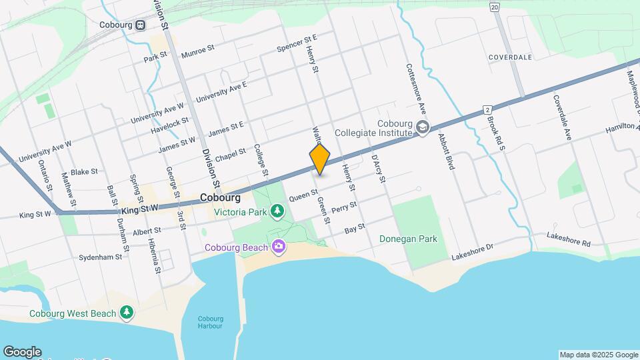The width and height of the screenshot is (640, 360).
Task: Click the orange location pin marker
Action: pyautogui.click(x=320, y=159)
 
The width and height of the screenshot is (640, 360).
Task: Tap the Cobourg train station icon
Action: pyautogui.click(x=140, y=25)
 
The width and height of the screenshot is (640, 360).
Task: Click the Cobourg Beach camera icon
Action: pyautogui.click(x=278, y=247)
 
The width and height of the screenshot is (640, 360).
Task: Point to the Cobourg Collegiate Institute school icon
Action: pyautogui.click(x=421, y=127)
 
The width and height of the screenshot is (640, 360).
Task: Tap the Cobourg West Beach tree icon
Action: pyautogui.click(x=126, y=313)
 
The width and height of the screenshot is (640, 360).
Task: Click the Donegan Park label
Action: pyautogui.click(x=408, y=239)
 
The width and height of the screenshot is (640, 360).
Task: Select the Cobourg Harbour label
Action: pyautogui.click(x=210, y=322)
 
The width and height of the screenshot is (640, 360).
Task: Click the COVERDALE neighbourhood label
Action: pyautogui.click(x=510, y=57)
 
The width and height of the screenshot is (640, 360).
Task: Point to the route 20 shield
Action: pyautogui.click(x=493, y=7)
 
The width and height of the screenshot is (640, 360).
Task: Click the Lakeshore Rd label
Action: pyautogui.click(x=568, y=239)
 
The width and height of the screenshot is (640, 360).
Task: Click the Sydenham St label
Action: pyautogui.click(x=100, y=257)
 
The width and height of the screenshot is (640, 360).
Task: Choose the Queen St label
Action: pyautogui.click(x=303, y=195)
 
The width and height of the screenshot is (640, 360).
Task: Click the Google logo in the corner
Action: pyautogui.click(x=22, y=351)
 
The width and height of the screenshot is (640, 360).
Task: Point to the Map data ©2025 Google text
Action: pyautogui.click(x=598, y=355)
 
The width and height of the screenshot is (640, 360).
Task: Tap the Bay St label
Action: pyautogui.click(x=355, y=228)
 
